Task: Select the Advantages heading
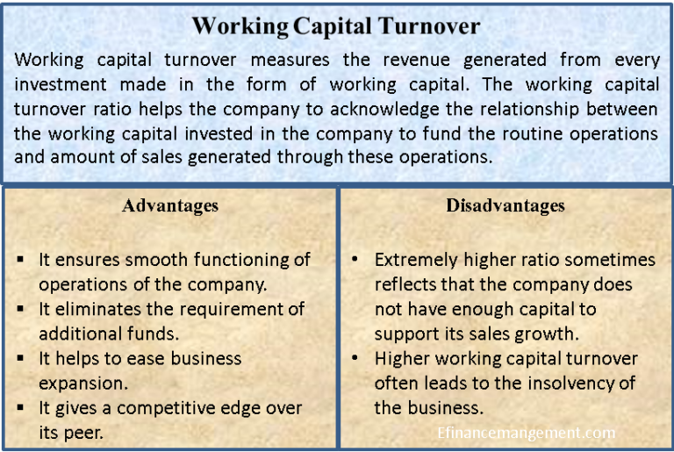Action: point(170,206)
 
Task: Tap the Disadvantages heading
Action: point(505,206)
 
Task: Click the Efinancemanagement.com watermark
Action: point(526,433)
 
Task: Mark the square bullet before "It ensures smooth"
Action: point(21,261)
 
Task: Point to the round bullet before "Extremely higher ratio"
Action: point(355,261)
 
